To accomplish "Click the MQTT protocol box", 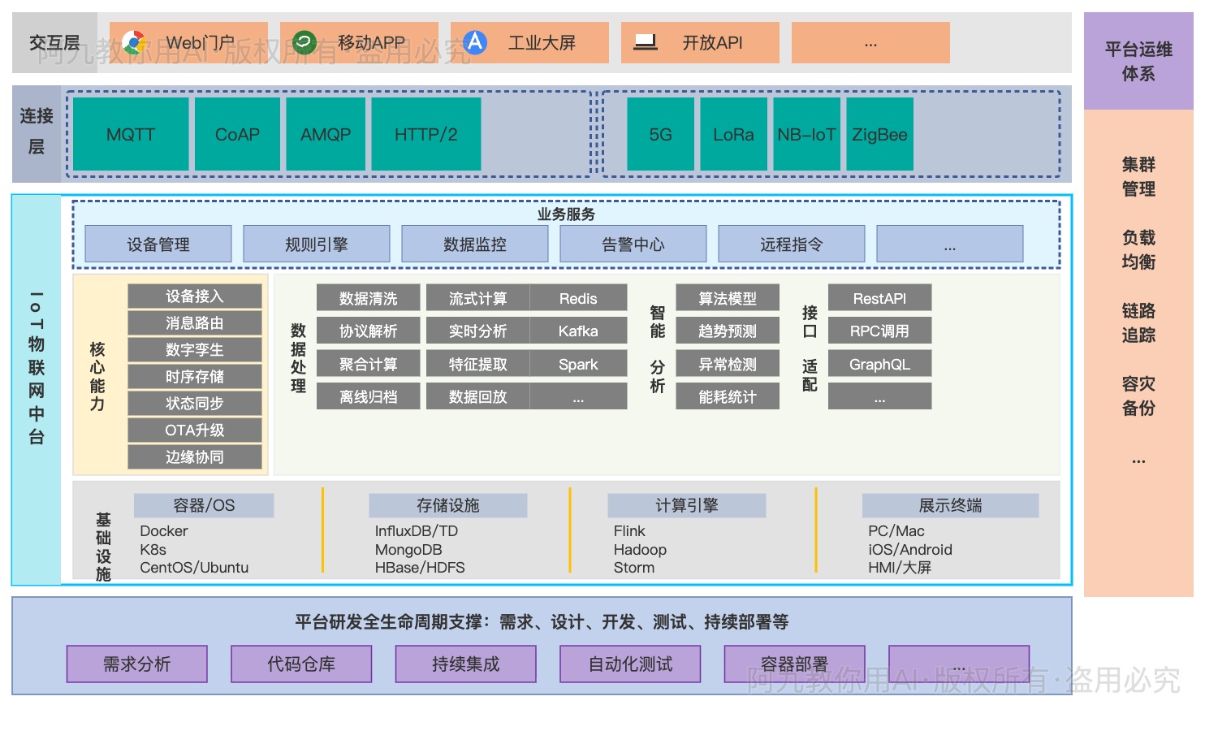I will (131, 134).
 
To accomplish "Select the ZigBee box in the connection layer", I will (879, 134).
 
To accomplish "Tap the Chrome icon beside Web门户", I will (134, 42).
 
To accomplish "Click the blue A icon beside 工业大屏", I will (475, 42).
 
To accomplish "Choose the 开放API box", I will (700, 43).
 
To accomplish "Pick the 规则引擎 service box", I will (317, 244).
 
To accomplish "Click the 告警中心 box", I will (633, 244).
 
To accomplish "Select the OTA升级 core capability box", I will (195, 430).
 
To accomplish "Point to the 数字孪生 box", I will (195, 350).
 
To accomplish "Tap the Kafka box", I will (578, 331).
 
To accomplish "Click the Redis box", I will (578, 298).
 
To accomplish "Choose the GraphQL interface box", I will (879, 365).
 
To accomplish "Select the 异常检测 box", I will (728, 365).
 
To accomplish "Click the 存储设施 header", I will (448, 505).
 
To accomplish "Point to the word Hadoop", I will (640, 550).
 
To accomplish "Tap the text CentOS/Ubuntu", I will (194, 568).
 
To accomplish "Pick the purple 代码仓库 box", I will (301, 664).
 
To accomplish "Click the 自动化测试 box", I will (630, 664).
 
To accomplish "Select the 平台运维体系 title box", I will (1138, 62).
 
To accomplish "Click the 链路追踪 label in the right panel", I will (1138, 322).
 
